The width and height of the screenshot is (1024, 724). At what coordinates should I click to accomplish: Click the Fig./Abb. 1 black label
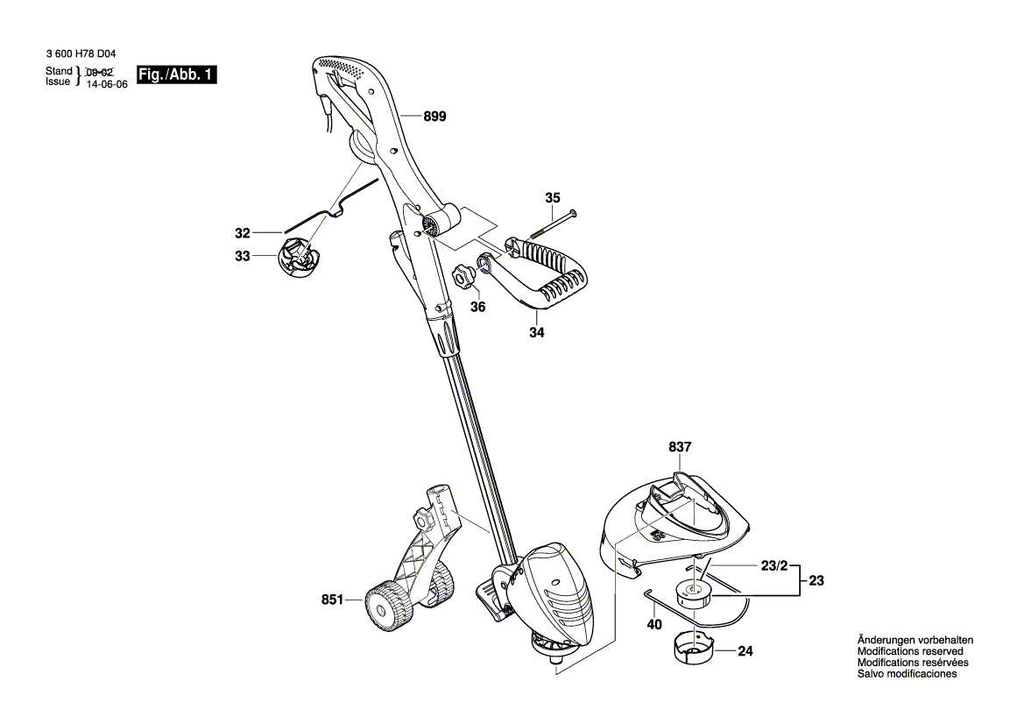click(176, 75)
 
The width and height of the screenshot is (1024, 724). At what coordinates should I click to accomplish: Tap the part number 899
click(435, 117)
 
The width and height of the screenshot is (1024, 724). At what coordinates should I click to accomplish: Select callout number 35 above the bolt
click(553, 197)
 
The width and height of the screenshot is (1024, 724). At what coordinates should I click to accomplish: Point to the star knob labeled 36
click(462, 276)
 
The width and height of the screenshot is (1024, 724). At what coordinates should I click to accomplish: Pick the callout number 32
click(243, 232)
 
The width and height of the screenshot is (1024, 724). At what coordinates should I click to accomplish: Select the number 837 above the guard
click(680, 447)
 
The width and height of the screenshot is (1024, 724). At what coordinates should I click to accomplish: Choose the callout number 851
click(332, 600)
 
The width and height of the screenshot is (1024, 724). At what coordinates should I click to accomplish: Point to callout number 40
click(654, 625)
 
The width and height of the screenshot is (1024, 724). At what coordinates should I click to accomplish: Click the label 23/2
click(774, 566)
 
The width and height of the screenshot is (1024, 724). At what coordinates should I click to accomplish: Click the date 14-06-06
click(107, 84)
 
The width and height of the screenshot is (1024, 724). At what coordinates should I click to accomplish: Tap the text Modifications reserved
click(910, 651)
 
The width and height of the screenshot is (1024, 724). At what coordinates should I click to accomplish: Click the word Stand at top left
click(59, 71)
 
